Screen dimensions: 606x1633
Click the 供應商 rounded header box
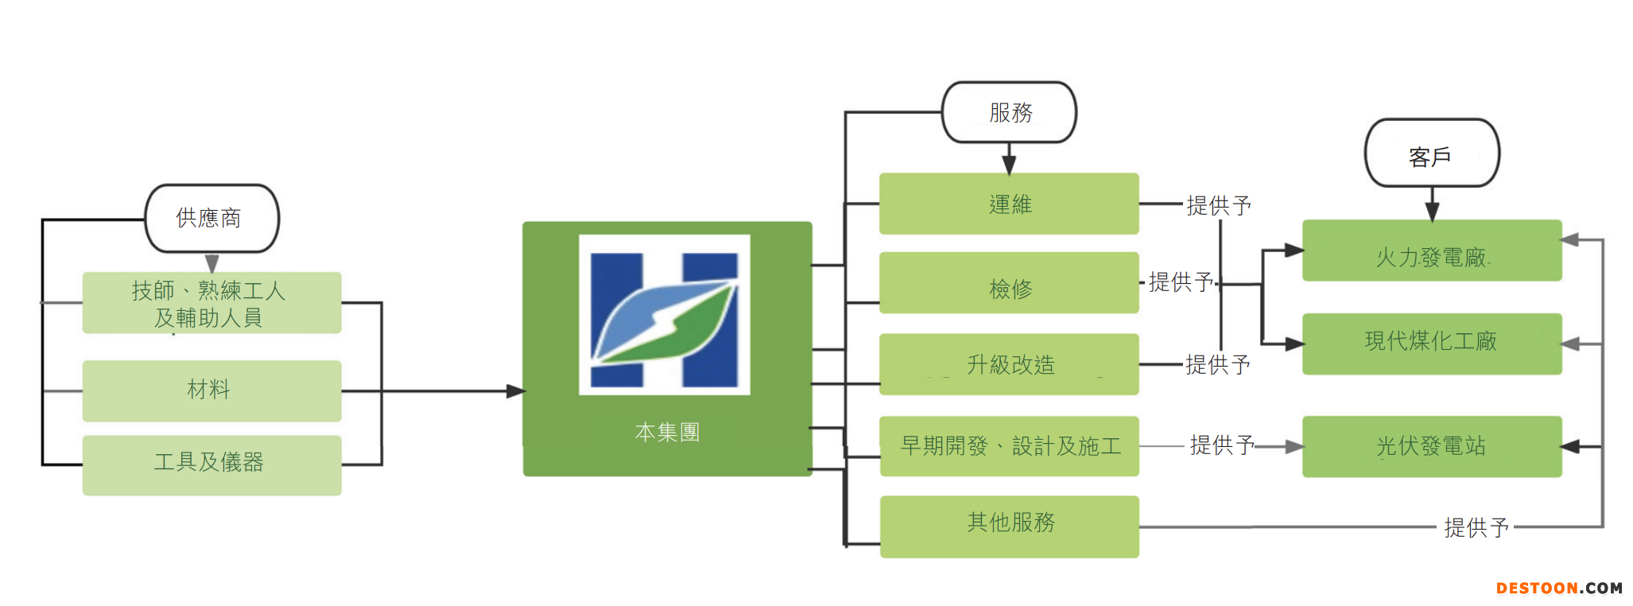pyautogui.click(x=211, y=218)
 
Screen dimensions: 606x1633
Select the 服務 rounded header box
pyautogui.click(x=1009, y=112)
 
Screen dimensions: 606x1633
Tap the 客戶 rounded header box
pyautogui.click(x=1431, y=153)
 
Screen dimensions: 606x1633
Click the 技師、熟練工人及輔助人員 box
pyautogui.click(x=211, y=303)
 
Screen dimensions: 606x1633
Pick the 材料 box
pyautogui.click(x=211, y=390)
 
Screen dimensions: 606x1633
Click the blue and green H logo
pyautogui.click(x=665, y=315)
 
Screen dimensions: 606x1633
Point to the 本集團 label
pyautogui.click(x=667, y=432)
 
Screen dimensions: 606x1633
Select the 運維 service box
pyautogui.click(x=1009, y=204)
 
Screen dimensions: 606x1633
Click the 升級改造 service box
pyautogui.click(x=1009, y=364)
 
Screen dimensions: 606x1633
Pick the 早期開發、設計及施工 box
pyautogui.click(x=1009, y=445)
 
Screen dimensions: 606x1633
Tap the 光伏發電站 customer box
pyautogui.click(x=1431, y=446)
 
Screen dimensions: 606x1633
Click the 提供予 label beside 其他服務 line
pyautogui.click(x=1476, y=526)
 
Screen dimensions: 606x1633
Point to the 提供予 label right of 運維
pyautogui.click(x=1218, y=205)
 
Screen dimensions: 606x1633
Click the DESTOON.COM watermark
pyautogui.click(x=1558, y=589)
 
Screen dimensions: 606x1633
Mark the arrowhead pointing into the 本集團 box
pyautogui.click(x=516, y=391)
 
